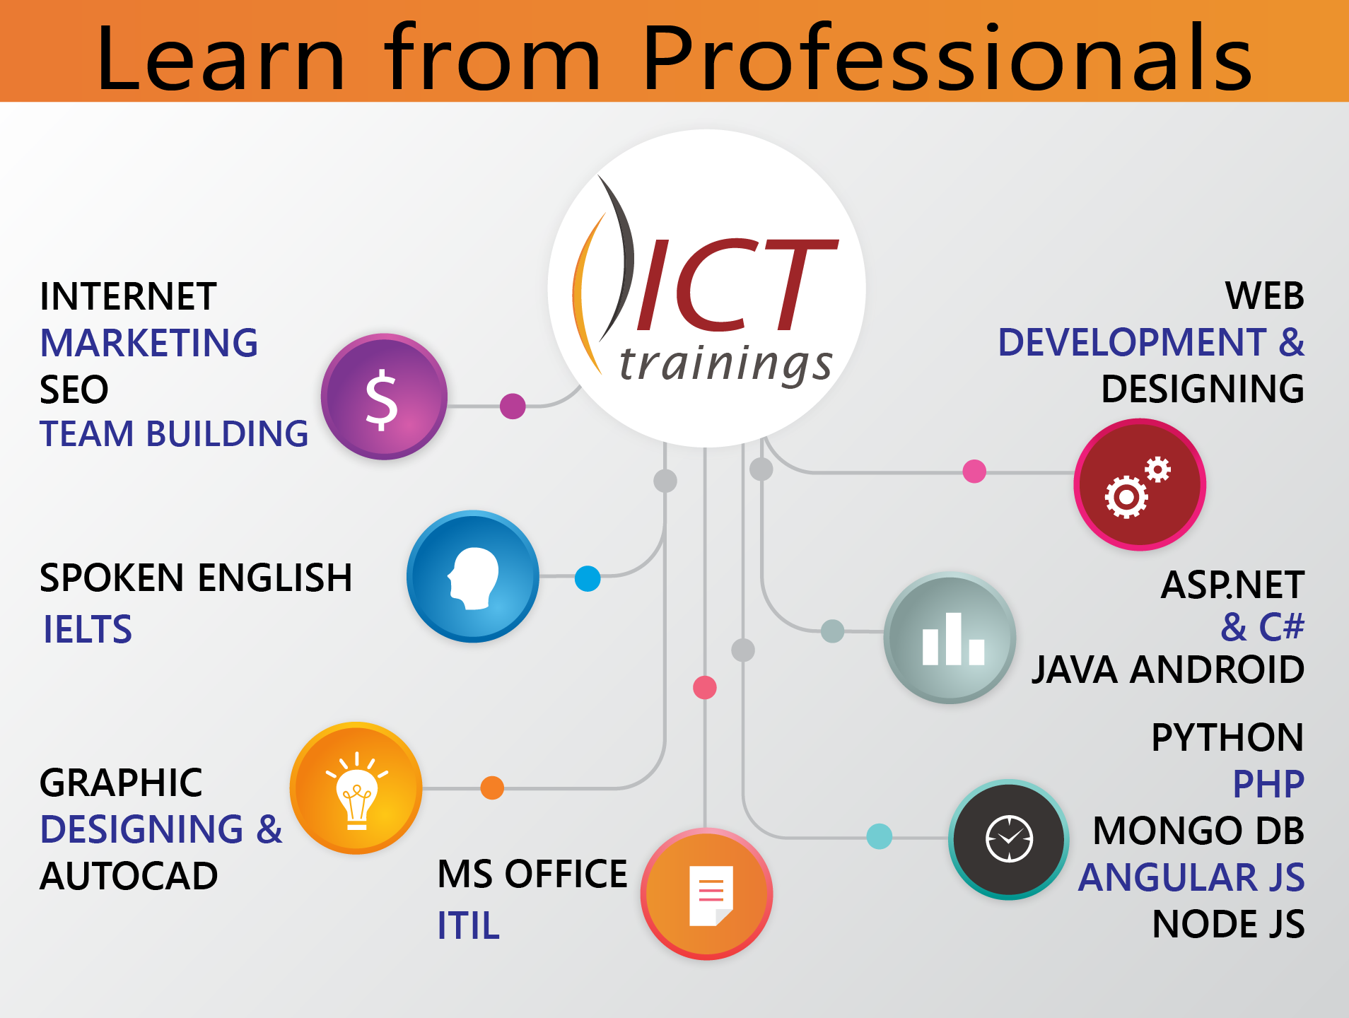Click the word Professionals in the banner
(x=947, y=58)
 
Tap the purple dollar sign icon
(x=384, y=397)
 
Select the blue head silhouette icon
(x=473, y=576)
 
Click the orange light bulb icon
(x=356, y=788)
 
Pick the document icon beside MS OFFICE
(x=706, y=894)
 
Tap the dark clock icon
(x=1009, y=839)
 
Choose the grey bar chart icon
(x=950, y=638)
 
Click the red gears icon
(x=1140, y=484)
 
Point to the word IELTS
(x=88, y=629)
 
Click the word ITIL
(x=469, y=925)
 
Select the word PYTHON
(x=1227, y=737)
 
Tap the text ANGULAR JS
(x=1191, y=877)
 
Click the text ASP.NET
(x=1232, y=585)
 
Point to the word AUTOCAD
(x=129, y=876)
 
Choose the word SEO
(x=74, y=390)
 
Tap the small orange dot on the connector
(x=492, y=788)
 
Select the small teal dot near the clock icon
(x=879, y=836)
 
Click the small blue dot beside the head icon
(x=588, y=578)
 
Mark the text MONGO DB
(x=1198, y=831)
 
